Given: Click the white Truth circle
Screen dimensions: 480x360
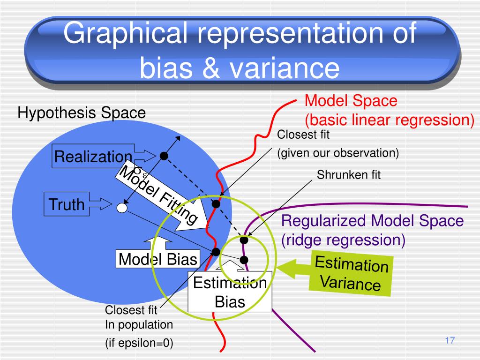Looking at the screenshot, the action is pyautogui.click(x=122, y=208).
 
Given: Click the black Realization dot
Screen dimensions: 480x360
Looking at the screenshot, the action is pyautogui.click(x=164, y=156).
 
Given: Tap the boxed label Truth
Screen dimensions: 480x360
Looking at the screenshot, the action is pyautogui.click(x=67, y=204).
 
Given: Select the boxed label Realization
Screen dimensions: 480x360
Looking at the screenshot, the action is pyautogui.click(x=93, y=157).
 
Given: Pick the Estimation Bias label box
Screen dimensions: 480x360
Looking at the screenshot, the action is pyautogui.click(x=230, y=292).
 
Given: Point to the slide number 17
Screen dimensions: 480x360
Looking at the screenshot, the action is pyautogui.click(x=450, y=341).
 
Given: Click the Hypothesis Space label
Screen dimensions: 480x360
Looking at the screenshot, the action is pyautogui.click(x=82, y=113).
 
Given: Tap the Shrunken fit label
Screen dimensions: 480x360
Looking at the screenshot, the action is pyautogui.click(x=349, y=175).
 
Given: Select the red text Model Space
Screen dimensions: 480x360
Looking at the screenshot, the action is pyautogui.click(x=351, y=101).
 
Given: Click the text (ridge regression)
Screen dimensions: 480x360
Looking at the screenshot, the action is pyautogui.click(x=343, y=240).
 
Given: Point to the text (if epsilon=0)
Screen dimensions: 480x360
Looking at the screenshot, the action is pyautogui.click(x=139, y=343).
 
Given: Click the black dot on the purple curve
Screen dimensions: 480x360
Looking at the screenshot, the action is pyautogui.click(x=244, y=240).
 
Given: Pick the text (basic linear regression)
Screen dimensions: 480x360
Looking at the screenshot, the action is pyautogui.click(x=390, y=120).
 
